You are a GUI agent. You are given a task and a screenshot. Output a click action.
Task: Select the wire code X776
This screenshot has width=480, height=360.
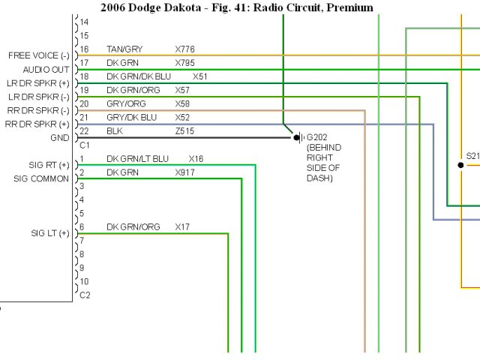coord(184,49)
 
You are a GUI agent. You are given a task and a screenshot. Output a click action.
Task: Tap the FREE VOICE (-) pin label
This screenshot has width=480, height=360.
coord(39,55)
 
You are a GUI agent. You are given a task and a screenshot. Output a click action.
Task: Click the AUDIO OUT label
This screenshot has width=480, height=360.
coord(46,69)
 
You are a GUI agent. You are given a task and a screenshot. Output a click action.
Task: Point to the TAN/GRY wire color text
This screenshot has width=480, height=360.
coord(124,49)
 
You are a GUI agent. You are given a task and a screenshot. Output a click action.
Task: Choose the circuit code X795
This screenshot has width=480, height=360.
coord(184,63)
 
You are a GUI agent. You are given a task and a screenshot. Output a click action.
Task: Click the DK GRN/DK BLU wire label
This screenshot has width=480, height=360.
coord(139,76)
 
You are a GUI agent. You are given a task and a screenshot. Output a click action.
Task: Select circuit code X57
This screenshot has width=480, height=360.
coord(183,90)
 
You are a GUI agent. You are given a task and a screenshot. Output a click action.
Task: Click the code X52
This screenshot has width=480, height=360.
coord(183,117)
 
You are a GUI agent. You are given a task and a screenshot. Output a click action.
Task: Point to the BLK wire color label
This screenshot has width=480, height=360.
coord(114,130)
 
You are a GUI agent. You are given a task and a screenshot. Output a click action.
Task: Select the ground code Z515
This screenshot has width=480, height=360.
coord(184,130)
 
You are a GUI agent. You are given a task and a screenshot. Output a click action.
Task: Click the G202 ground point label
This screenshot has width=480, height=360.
coord(318,138)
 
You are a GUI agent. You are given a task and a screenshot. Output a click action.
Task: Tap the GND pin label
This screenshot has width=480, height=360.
coord(58,138)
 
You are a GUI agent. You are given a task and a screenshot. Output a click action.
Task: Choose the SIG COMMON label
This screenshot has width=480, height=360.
coord(42,178)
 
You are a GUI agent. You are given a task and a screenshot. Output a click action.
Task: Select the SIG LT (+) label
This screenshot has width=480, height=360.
coord(49,232)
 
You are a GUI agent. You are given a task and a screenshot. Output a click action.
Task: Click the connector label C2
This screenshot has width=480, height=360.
coord(85,295)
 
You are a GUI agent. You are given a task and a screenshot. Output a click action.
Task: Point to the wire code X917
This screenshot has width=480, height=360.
coord(184,172)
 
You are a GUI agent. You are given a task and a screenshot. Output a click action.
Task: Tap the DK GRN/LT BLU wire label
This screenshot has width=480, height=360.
coord(138,159)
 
